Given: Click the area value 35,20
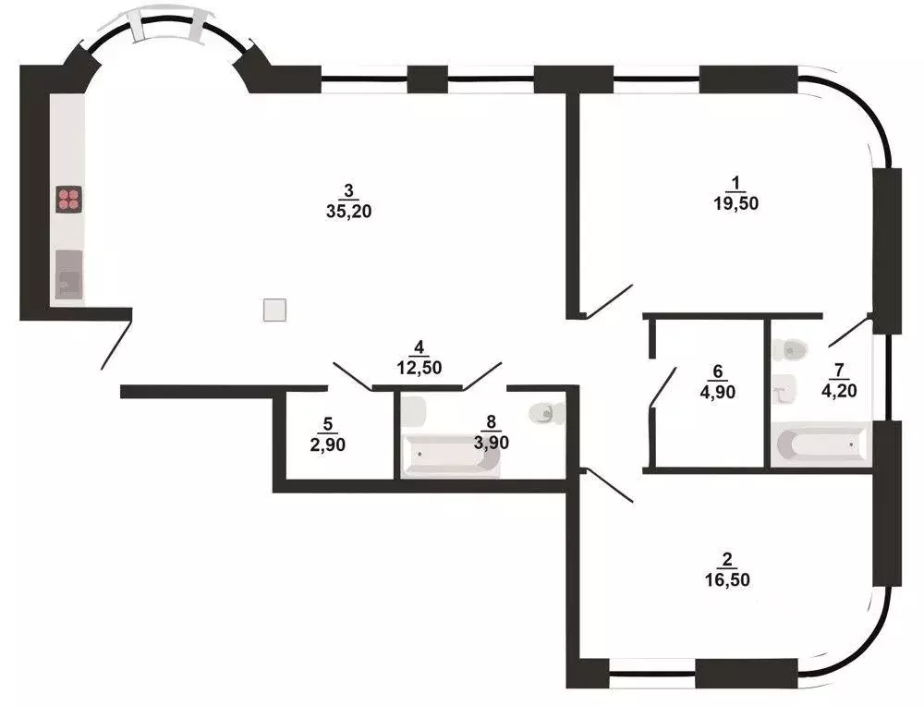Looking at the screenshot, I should pyautogui.click(x=348, y=211).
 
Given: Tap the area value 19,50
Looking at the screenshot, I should pyautogui.click(x=736, y=205).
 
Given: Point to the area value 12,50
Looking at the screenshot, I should pyautogui.click(x=419, y=367).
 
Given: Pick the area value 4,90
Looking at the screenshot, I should pyautogui.click(x=718, y=390).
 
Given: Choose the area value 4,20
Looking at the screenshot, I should pyautogui.click(x=839, y=390).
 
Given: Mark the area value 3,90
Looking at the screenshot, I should pyautogui.click(x=490, y=443).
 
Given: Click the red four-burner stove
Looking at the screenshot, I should pyautogui.click(x=69, y=200).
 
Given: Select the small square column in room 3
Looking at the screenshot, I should pyautogui.click(x=274, y=310).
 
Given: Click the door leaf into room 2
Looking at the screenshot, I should pyautogui.click(x=608, y=486).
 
